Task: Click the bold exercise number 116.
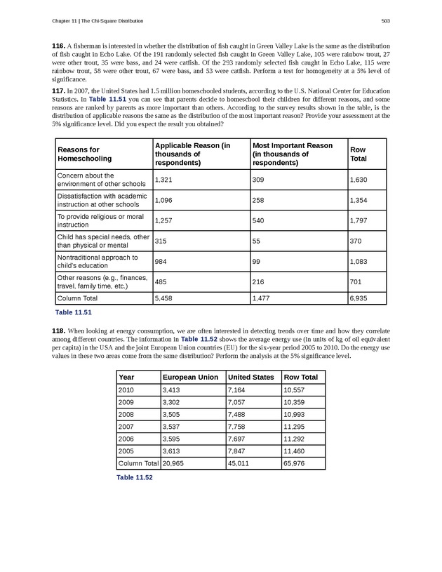click(59, 46)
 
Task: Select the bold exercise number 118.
click(59, 330)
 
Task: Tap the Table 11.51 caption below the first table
click(74, 312)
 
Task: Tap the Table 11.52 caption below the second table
click(135, 477)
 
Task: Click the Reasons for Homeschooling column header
click(79, 154)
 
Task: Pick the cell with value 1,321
click(163, 180)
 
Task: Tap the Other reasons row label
click(102, 282)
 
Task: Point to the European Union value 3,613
click(173, 450)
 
